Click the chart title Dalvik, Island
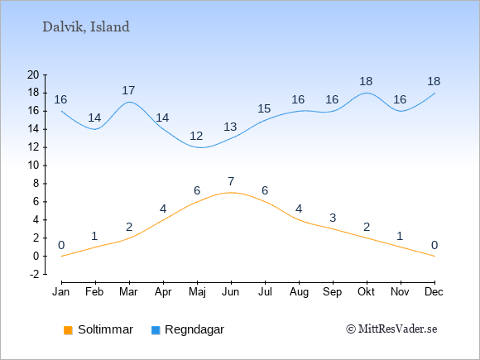[86, 27]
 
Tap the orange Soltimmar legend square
[68, 330]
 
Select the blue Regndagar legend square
[156, 330]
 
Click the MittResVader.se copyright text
[391, 329]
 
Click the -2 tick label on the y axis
[34, 274]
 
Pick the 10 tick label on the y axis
[33, 166]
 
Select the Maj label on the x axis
[197, 292]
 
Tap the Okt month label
[366, 292]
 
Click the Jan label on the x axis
[61, 292]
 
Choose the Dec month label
[434, 292]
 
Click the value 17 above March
[128, 90]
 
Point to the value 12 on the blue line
[196, 136]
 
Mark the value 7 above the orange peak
[231, 181]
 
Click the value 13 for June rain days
[230, 127]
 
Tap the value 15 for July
[264, 108]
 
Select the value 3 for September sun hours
[333, 218]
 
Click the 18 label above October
[366, 81]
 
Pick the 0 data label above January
[61, 245]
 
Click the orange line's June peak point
[231, 193]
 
